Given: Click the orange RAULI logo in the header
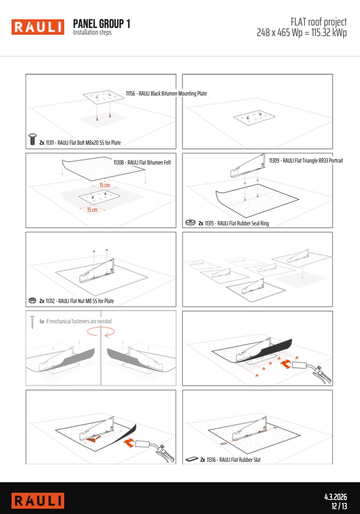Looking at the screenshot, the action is coord(38,27).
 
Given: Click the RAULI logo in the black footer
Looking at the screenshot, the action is coord(38,500).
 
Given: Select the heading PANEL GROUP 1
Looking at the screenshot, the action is coord(102,24).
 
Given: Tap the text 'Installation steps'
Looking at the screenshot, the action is coord(92,32).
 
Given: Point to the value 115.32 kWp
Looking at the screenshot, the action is coord(329,33).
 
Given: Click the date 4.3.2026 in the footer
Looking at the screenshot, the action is coord(336,497).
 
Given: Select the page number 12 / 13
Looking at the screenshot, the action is coord(339,506).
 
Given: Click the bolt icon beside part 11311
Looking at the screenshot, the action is coord(32,139).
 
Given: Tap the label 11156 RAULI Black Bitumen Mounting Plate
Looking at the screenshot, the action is coord(166,94).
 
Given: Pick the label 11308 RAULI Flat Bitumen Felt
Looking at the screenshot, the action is coord(142,162).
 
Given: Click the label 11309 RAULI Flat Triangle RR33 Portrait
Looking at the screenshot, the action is coord(306,160).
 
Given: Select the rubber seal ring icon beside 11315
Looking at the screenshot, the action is coord(191,222).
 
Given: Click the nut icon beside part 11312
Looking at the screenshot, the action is coord(32,300).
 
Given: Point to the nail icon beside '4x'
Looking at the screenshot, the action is coord(32,322).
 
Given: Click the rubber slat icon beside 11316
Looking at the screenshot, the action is coord(192,459).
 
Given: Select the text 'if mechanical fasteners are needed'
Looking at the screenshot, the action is coord(79,321).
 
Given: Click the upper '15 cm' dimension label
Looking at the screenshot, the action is coord(105,185).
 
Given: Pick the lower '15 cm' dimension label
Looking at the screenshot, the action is coord(92,210).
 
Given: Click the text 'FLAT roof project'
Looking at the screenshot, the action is coord(318,22).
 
